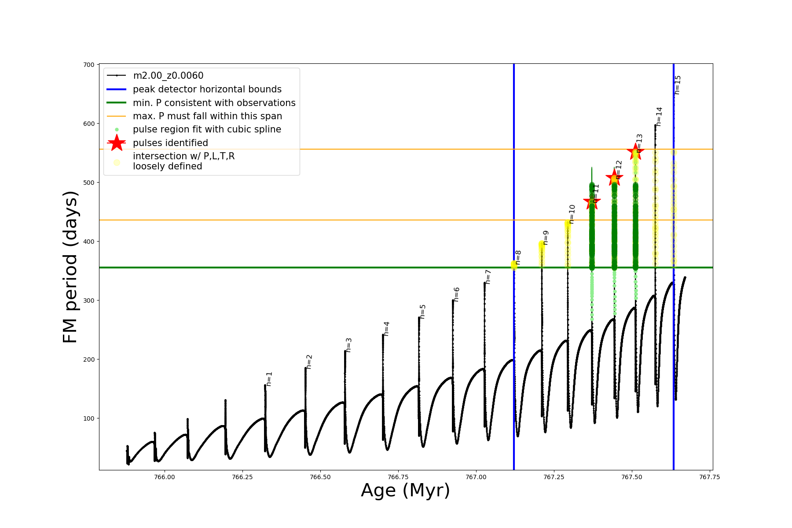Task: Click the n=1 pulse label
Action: click(269, 379)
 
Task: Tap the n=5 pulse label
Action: click(423, 311)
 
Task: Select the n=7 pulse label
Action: click(488, 277)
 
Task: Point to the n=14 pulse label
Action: click(659, 117)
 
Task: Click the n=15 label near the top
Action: click(678, 85)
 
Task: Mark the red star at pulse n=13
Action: click(635, 151)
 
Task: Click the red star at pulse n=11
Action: click(592, 202)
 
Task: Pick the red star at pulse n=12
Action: click(614, 177)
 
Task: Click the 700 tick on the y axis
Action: click(88, 65)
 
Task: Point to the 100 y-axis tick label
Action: click(88, 418)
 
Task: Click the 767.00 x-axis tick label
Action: click(476, 477)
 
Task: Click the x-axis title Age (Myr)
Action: click(405, 491)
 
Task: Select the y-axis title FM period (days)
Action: click(70, 267)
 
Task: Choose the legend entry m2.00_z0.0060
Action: click(168, 76)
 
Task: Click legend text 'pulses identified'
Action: click(170, 143)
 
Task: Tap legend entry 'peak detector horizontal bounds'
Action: click(207, 89)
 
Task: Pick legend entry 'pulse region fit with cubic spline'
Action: click(207, 129)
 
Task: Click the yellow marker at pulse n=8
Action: click(514, 264)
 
